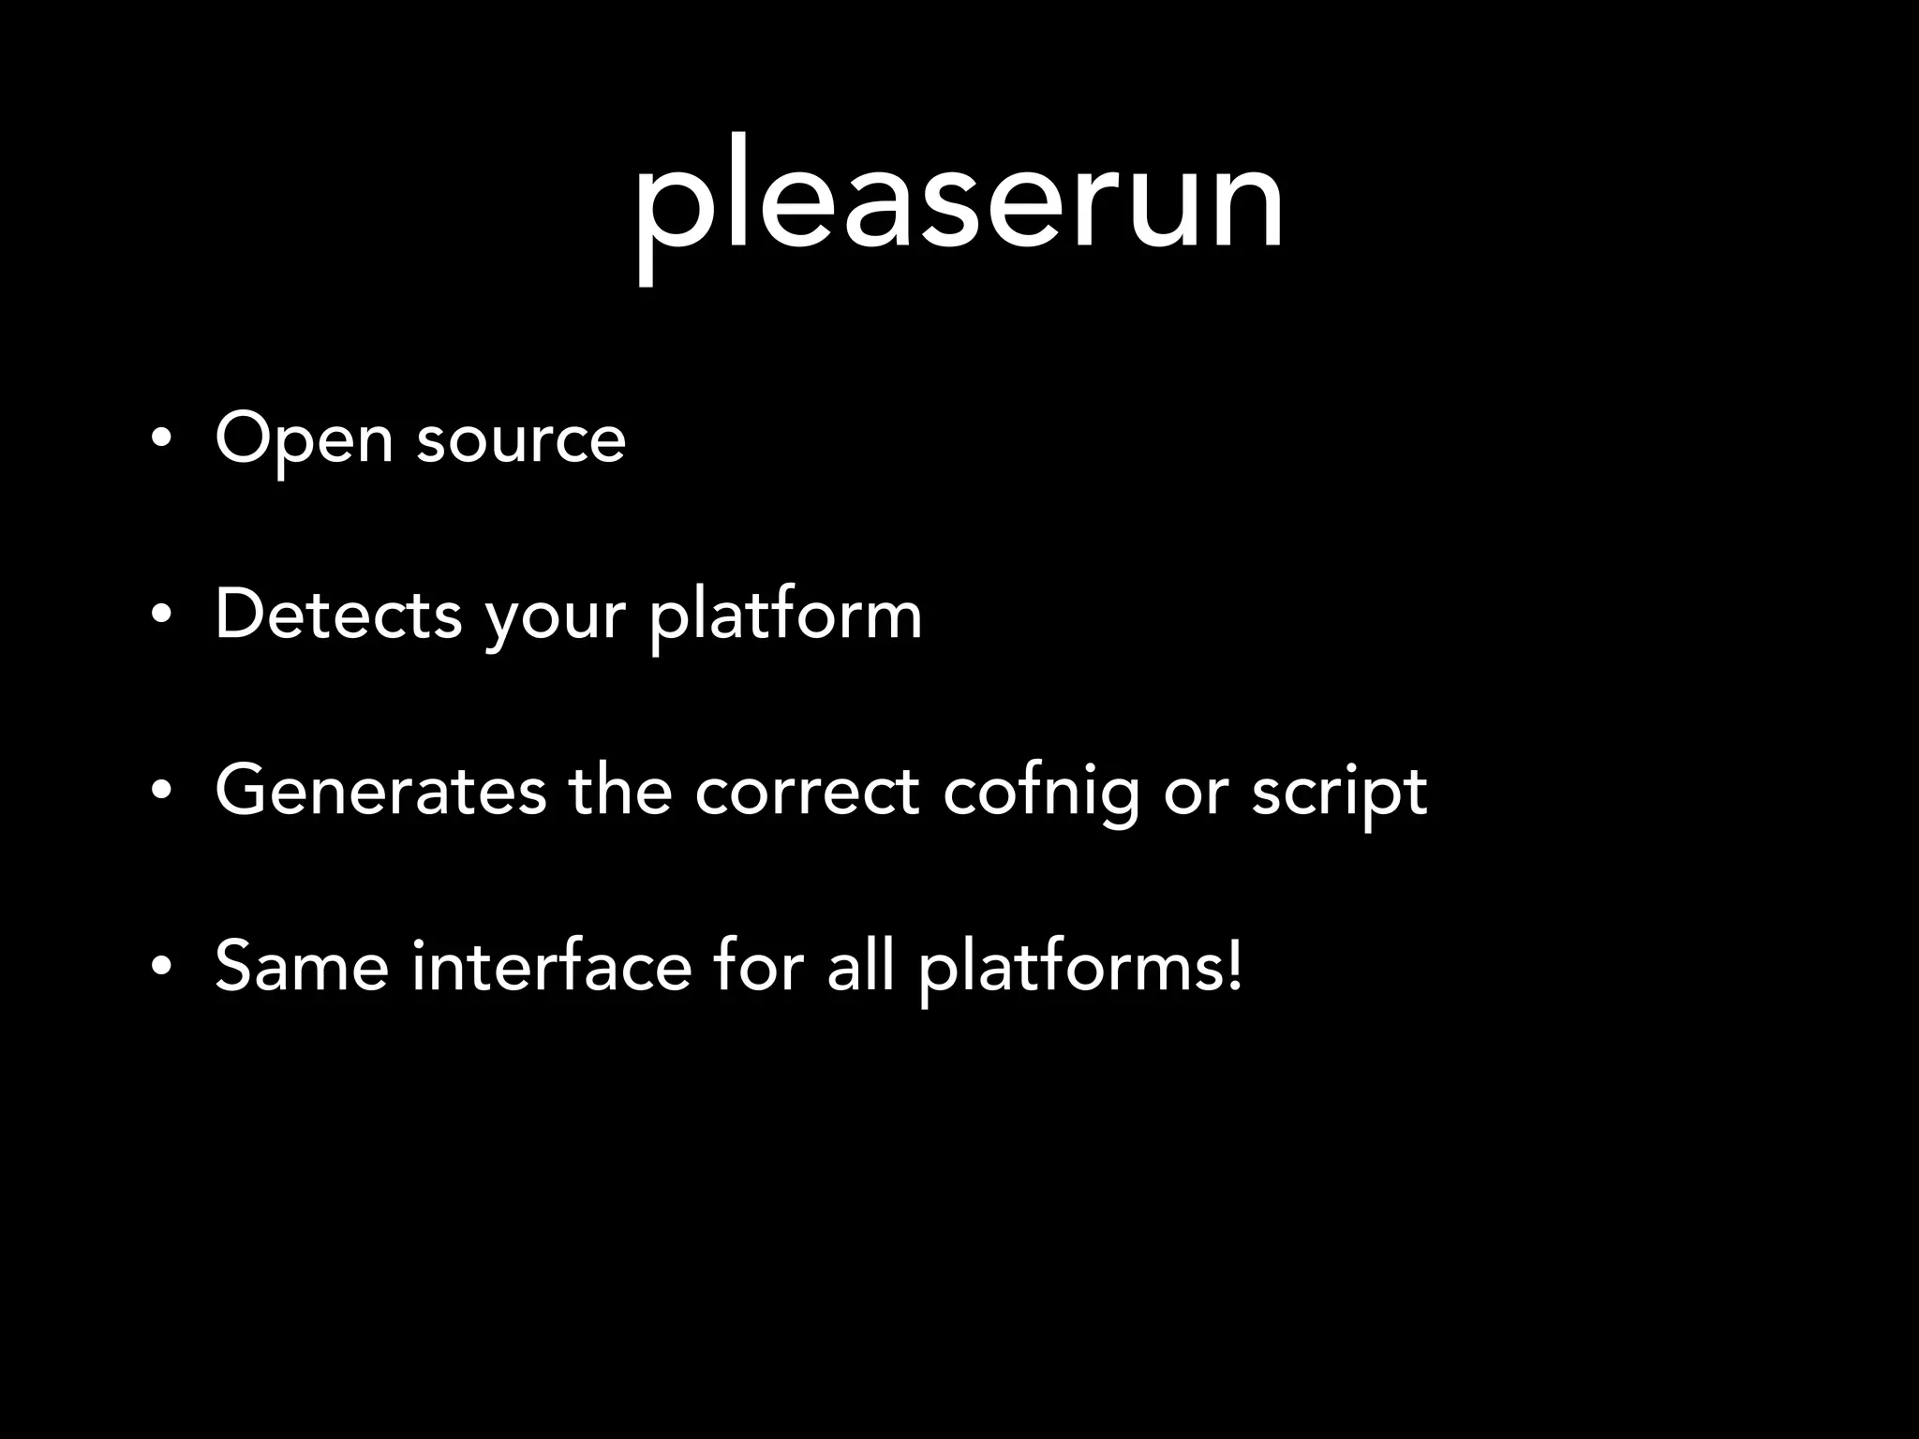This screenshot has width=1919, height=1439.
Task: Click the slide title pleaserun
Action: (958, 201)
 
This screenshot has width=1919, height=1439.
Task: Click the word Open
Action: (304, 438)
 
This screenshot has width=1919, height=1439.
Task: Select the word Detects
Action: (338, 615)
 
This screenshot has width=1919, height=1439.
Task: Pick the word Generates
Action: (380, 791)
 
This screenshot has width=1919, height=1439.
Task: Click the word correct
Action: (807, 791)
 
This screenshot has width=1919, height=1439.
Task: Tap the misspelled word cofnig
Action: (1040, 793)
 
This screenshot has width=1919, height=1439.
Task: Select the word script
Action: (1339, 793)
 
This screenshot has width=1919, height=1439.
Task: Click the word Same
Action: (301, 966)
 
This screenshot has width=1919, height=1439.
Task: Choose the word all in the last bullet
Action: (859, 966)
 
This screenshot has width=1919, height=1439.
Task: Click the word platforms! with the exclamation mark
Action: (1080, 968)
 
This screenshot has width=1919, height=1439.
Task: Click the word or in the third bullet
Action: (1195, 794)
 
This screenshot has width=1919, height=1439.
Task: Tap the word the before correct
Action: (620, 791)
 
